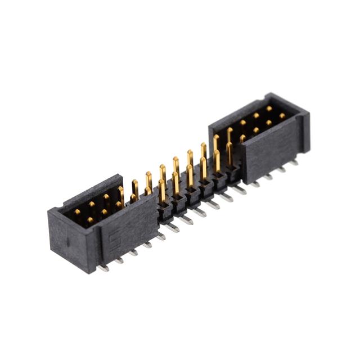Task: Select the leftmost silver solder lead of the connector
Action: tap(102, 267)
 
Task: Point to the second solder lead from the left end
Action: tap(119, 260)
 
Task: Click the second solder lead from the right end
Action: tap(281, 168)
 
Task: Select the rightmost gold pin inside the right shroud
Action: tap(282, 116)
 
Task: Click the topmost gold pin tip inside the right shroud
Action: tap(269, 109)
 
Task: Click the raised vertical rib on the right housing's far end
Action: tap(304, 133)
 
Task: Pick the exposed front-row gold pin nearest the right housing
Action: tap(229, 153)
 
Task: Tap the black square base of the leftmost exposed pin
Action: tap(164, 211)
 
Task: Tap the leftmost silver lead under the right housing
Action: tap(254, 183)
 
